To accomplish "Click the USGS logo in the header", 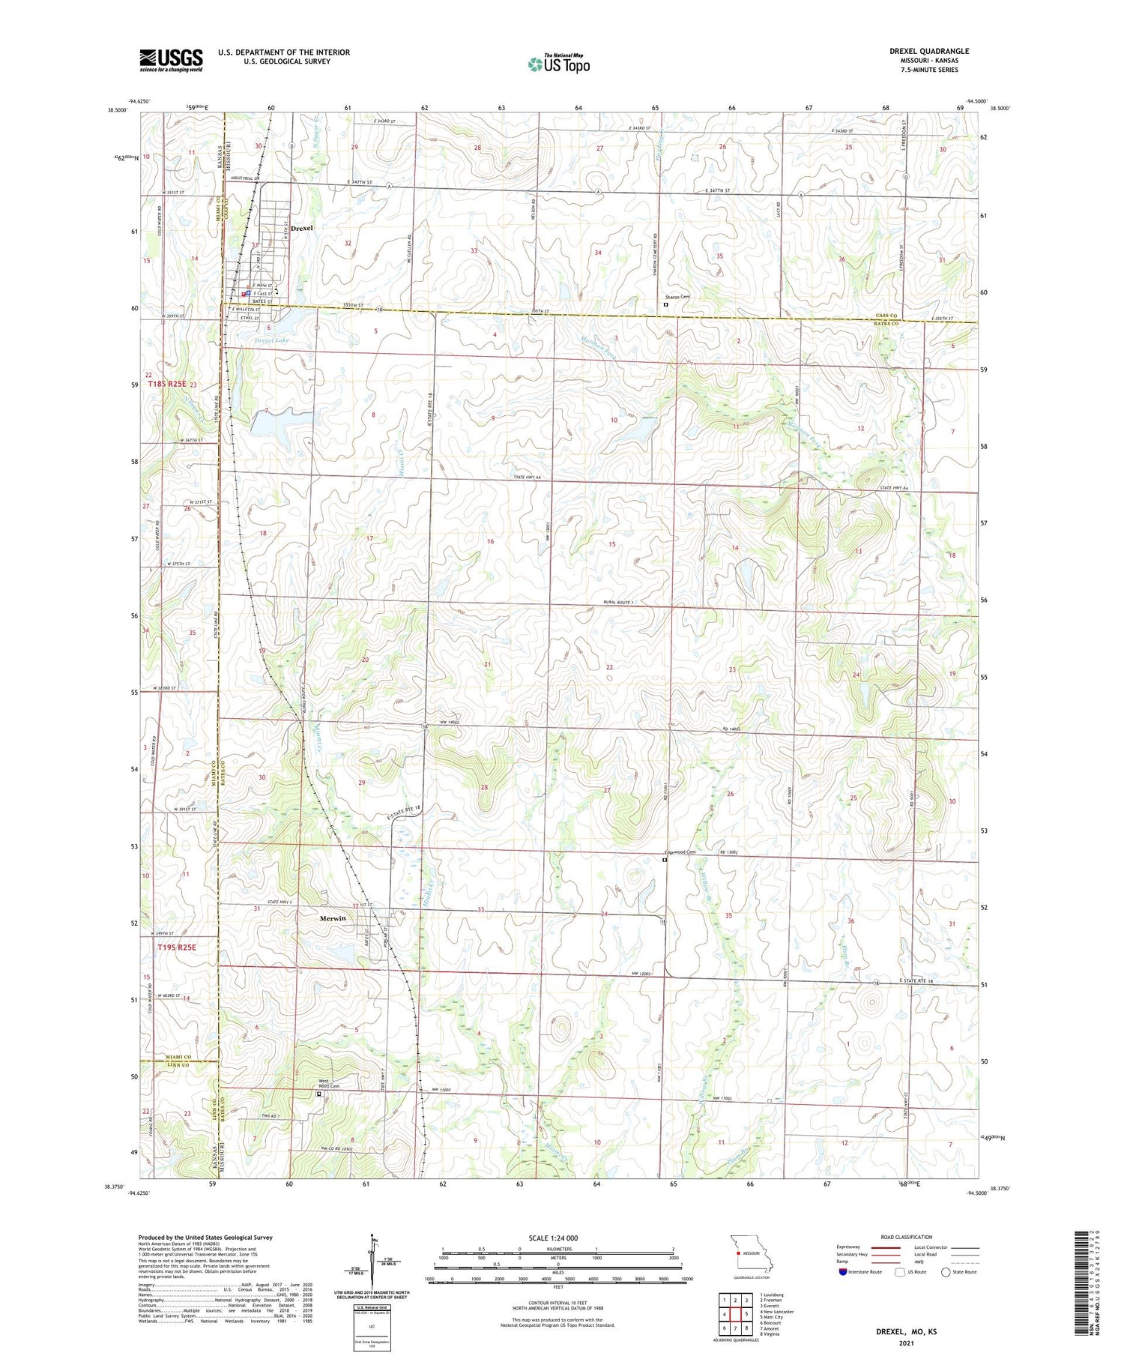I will [171, 60].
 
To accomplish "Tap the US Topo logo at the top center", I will [558, 64].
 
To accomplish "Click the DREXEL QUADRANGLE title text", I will [928, 51].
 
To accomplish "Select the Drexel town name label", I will [302, 227].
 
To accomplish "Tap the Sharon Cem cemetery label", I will [676, 297].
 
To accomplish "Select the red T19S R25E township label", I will [177, 947].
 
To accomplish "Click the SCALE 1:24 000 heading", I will [553, 1238].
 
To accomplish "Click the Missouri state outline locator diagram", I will [750, 1253].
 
